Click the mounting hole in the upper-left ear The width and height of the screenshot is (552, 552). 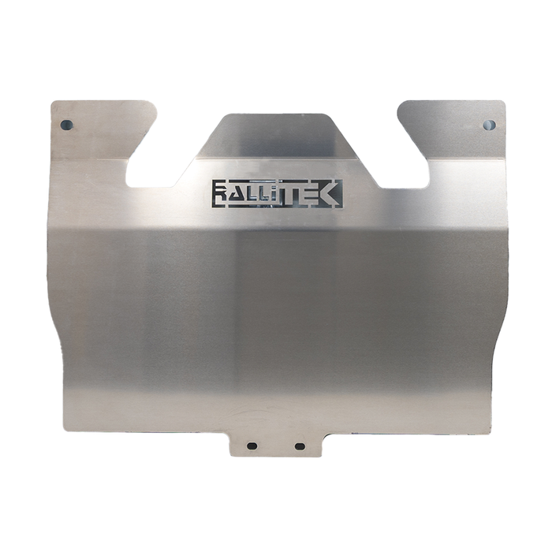coord(65,125)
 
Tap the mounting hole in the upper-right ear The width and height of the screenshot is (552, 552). coord(489,125)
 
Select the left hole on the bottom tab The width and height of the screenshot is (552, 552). coord(252,446)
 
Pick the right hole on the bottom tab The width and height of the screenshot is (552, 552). coord(300,446)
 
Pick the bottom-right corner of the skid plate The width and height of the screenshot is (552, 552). coord(487,430)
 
